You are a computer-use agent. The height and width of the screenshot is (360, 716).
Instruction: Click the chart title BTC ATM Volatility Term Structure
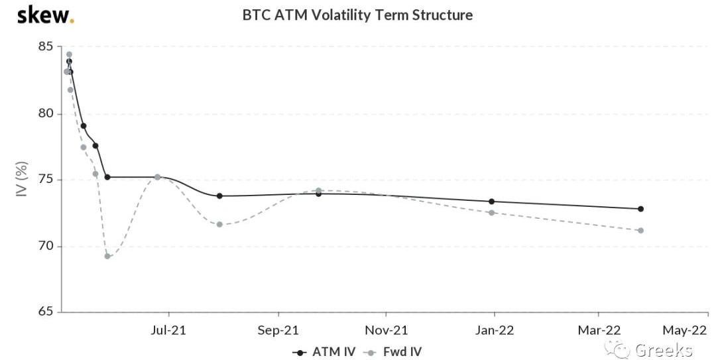(357, 15)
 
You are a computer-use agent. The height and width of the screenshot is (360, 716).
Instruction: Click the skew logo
(45, 15)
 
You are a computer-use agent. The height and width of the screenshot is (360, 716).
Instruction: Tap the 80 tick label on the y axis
(44, 114)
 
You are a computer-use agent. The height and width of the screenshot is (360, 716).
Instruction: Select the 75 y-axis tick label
(44, 180)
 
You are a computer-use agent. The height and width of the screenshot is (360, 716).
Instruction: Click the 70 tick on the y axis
(44, 247)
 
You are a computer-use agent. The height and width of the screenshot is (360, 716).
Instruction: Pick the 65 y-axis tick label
(44, 312)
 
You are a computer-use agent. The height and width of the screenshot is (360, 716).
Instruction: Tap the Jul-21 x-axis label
(169, 330)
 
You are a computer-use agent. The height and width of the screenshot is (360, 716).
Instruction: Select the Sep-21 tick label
(278, 330)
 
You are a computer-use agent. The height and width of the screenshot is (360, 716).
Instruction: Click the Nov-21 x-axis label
(387, 330)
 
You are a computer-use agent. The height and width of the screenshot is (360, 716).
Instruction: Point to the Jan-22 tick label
(495, 330)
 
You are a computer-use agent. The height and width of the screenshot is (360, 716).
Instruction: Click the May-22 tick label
(689, 330)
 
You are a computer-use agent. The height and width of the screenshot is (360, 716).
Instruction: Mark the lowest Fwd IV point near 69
(107, 256)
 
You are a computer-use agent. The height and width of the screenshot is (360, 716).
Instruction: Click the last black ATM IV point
(640, 209)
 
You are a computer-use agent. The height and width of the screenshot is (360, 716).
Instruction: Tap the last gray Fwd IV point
(640, 231)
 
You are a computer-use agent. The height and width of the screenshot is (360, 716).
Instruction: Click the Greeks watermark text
(663, 350)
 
